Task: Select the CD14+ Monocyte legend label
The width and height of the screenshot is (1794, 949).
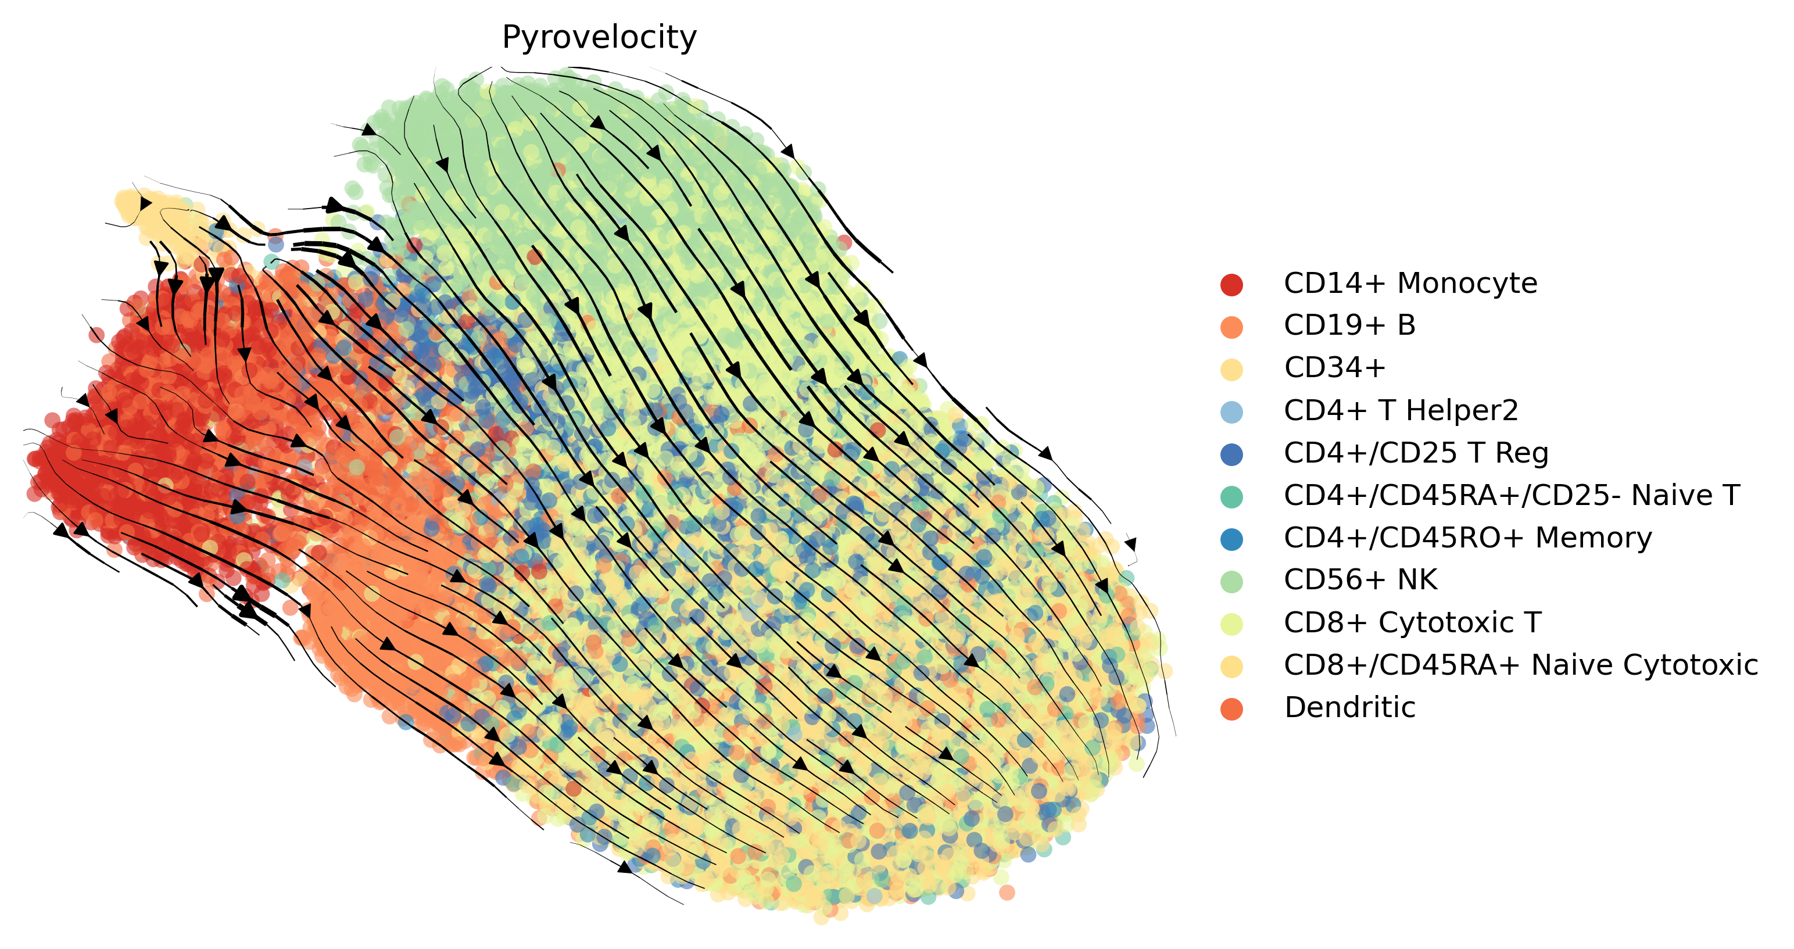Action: (1410, 284)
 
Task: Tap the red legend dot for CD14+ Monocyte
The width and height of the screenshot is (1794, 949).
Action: (1231, 285)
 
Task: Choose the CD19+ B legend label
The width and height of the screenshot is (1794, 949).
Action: (1349, 326)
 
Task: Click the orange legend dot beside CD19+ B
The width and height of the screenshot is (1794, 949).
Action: (1231, 327)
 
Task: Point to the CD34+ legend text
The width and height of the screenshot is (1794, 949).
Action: (1335, 368)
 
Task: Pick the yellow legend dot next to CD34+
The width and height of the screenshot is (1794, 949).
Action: (1231, 370)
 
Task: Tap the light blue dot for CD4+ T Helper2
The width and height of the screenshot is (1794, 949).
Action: (1231, 412)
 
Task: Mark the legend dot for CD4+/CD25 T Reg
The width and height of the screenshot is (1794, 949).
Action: (1231, 454)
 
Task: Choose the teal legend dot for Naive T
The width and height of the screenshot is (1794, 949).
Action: (1231, 497)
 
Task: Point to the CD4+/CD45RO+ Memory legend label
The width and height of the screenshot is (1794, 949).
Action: (1468, 538)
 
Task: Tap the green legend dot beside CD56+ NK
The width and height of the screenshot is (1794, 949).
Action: (1231, 581)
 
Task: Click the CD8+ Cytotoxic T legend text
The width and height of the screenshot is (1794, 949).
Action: (1413, 623)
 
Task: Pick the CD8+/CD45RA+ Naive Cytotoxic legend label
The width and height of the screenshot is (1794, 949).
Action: (1521, 665)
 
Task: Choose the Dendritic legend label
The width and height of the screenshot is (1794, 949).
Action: (1349, 707)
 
